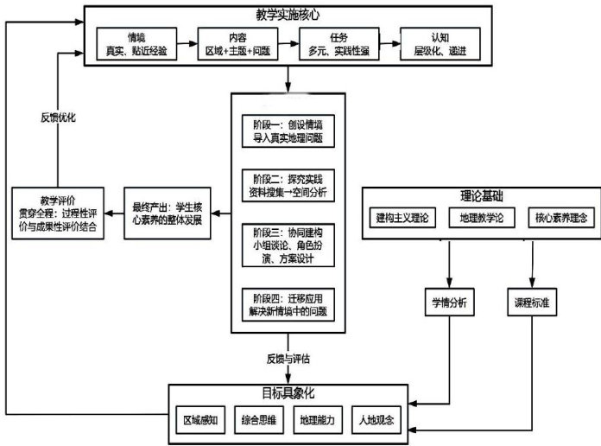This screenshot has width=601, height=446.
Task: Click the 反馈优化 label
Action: [x=58, y=117]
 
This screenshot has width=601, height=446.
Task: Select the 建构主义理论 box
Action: [x=403, y=219]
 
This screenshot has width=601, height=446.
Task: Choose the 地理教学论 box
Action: [x=482, y=219]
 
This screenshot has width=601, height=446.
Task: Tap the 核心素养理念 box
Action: [x=558, y=219]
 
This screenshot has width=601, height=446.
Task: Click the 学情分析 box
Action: [x=450, y=303]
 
